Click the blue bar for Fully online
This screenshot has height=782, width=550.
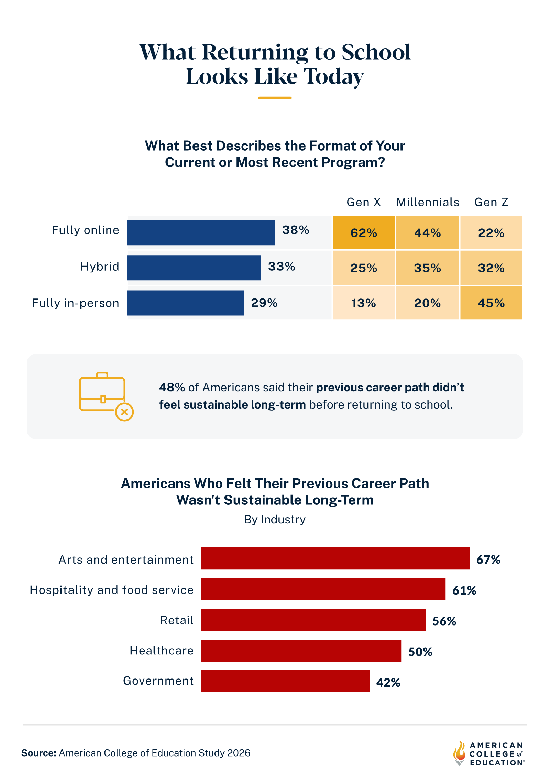coord(201,232)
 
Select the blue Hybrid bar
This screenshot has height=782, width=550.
coord(194,268)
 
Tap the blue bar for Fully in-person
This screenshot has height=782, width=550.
coord(185,303)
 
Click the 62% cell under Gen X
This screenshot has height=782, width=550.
coord(364,233)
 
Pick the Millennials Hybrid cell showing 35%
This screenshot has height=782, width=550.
coord(427,268)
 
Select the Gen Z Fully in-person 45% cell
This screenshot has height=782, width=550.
coord(491,303)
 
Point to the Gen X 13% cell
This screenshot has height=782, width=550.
coord(364,303)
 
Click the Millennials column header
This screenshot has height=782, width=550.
coord(428,202)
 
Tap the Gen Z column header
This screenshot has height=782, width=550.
coord(491,202)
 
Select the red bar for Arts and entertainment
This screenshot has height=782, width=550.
coord(335,558)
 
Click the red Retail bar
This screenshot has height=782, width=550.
coord(313,620)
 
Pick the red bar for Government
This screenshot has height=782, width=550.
coord(285,681)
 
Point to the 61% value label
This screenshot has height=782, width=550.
coord(464,590)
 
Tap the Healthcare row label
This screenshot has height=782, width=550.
coord(162,651)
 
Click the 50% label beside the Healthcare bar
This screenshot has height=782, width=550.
coord(420,652)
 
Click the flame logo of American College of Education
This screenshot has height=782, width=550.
coord(459,753)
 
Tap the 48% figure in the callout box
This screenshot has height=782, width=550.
coord(172,388)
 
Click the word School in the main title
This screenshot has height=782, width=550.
coord(376,52)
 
